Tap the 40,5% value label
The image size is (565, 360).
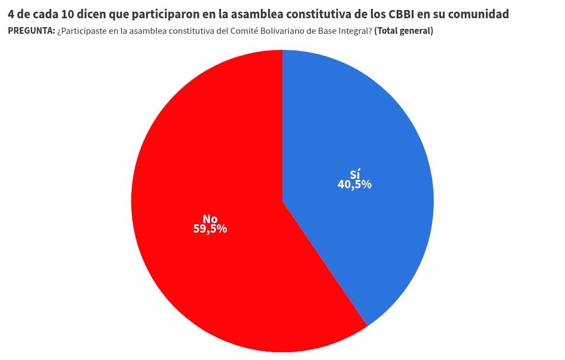point(355,185)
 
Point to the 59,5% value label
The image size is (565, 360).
point(210,229)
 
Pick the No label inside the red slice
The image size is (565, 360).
point(210,219)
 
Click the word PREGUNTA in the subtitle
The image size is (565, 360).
point(31,31)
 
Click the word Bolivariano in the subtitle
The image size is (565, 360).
point(273,31)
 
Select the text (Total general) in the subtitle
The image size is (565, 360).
point(404,31)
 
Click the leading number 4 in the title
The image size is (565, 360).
point(11,14)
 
